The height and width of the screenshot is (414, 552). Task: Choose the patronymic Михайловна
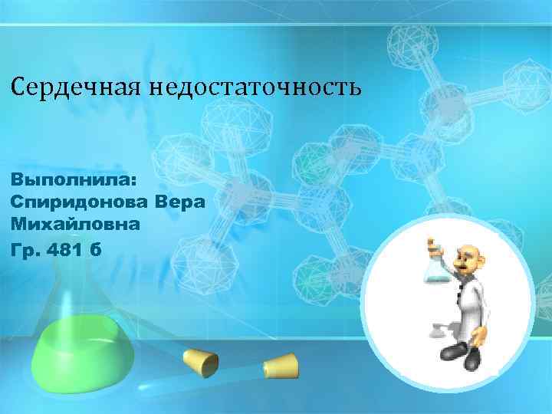75,225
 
